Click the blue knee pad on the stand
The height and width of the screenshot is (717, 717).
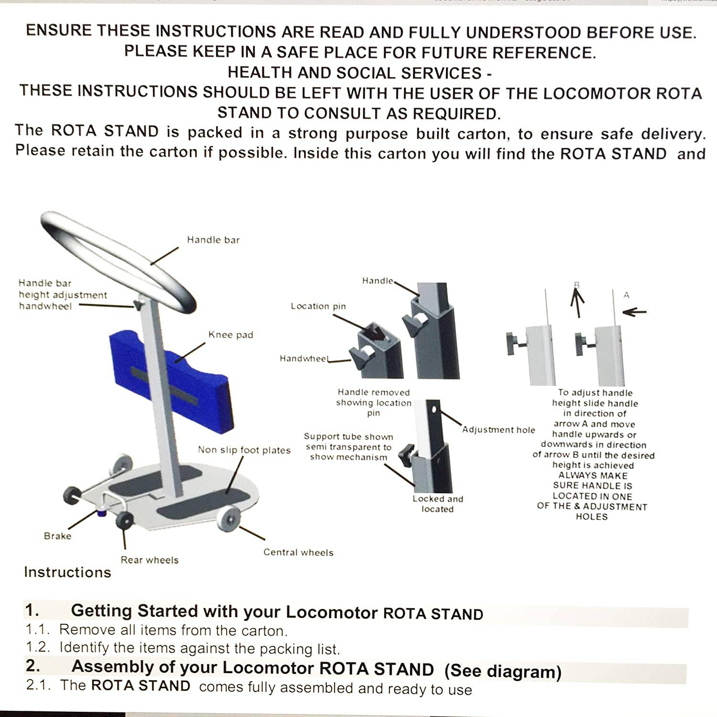tap(143, 363)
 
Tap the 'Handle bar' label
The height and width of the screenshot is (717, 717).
tap(213, 240)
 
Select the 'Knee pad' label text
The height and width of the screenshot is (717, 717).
tap(230, 335)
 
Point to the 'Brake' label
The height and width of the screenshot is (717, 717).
tap(57, 536)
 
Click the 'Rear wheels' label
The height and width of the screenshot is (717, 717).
tap(150, 560)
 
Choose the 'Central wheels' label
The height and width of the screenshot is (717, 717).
tap(298, 553)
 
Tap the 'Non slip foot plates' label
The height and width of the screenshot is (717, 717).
tap(244, 450)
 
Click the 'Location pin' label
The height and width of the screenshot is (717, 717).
tap(318, 306)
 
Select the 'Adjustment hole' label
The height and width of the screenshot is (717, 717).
tap(499, 430)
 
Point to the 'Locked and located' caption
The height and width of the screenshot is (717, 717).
tap(438, 504)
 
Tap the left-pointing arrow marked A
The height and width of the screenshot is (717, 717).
tap(634, 312)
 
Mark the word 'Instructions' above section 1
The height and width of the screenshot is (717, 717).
tap(67, 572)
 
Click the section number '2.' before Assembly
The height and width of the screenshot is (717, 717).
tap(33, 666)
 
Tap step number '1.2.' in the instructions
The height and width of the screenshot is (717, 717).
tap(38, 647)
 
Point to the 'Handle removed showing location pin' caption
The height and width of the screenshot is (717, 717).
tap(373, 402)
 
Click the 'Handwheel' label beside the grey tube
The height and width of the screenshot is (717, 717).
tap(304, 358)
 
